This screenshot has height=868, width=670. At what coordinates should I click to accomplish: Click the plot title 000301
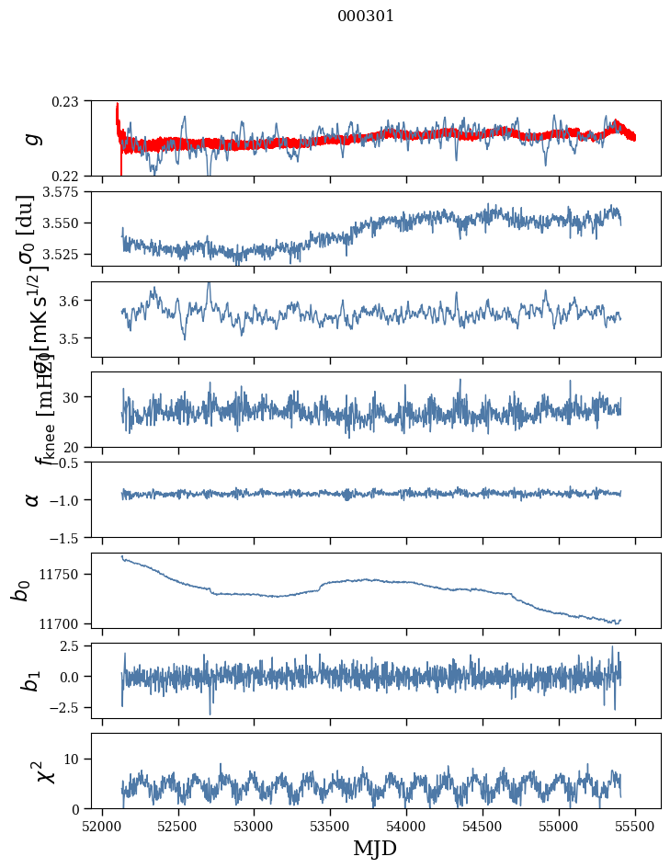[366, 17]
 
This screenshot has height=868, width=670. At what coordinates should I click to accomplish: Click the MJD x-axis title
[375, 849]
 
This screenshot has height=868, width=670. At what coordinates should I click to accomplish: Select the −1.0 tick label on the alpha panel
[64, 499]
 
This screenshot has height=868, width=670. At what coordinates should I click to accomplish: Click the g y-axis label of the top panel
[32, 138]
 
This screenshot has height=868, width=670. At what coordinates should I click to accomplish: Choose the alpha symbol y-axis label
[32, 499]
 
